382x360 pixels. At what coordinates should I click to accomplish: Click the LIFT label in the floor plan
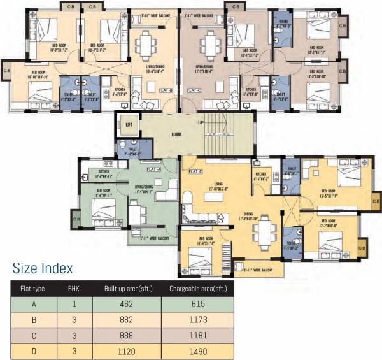[x=129, y=124]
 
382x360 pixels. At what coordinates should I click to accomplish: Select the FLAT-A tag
[x=154, y=170]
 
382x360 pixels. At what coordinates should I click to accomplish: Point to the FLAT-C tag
[x=194, y=90]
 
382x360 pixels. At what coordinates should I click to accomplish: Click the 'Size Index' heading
[x=43, y=268]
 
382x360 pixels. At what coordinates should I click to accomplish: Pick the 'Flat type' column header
[x=32, y=289]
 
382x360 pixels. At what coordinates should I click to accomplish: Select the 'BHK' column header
[x=74, y=289]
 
